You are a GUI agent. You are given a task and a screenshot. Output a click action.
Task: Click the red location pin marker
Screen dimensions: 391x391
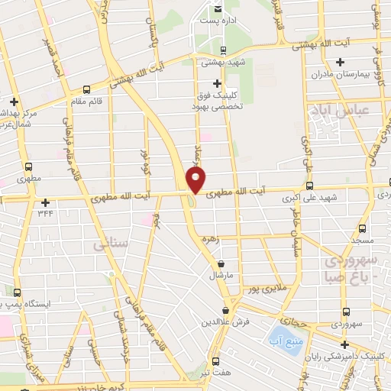point(196,180)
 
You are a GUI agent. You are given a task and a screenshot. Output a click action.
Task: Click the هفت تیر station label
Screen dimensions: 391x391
point(215,375)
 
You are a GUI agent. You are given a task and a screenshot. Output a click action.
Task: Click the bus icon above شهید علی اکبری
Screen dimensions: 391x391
point(308,186)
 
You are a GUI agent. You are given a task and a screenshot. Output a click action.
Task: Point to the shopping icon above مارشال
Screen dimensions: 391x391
point(221,263)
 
